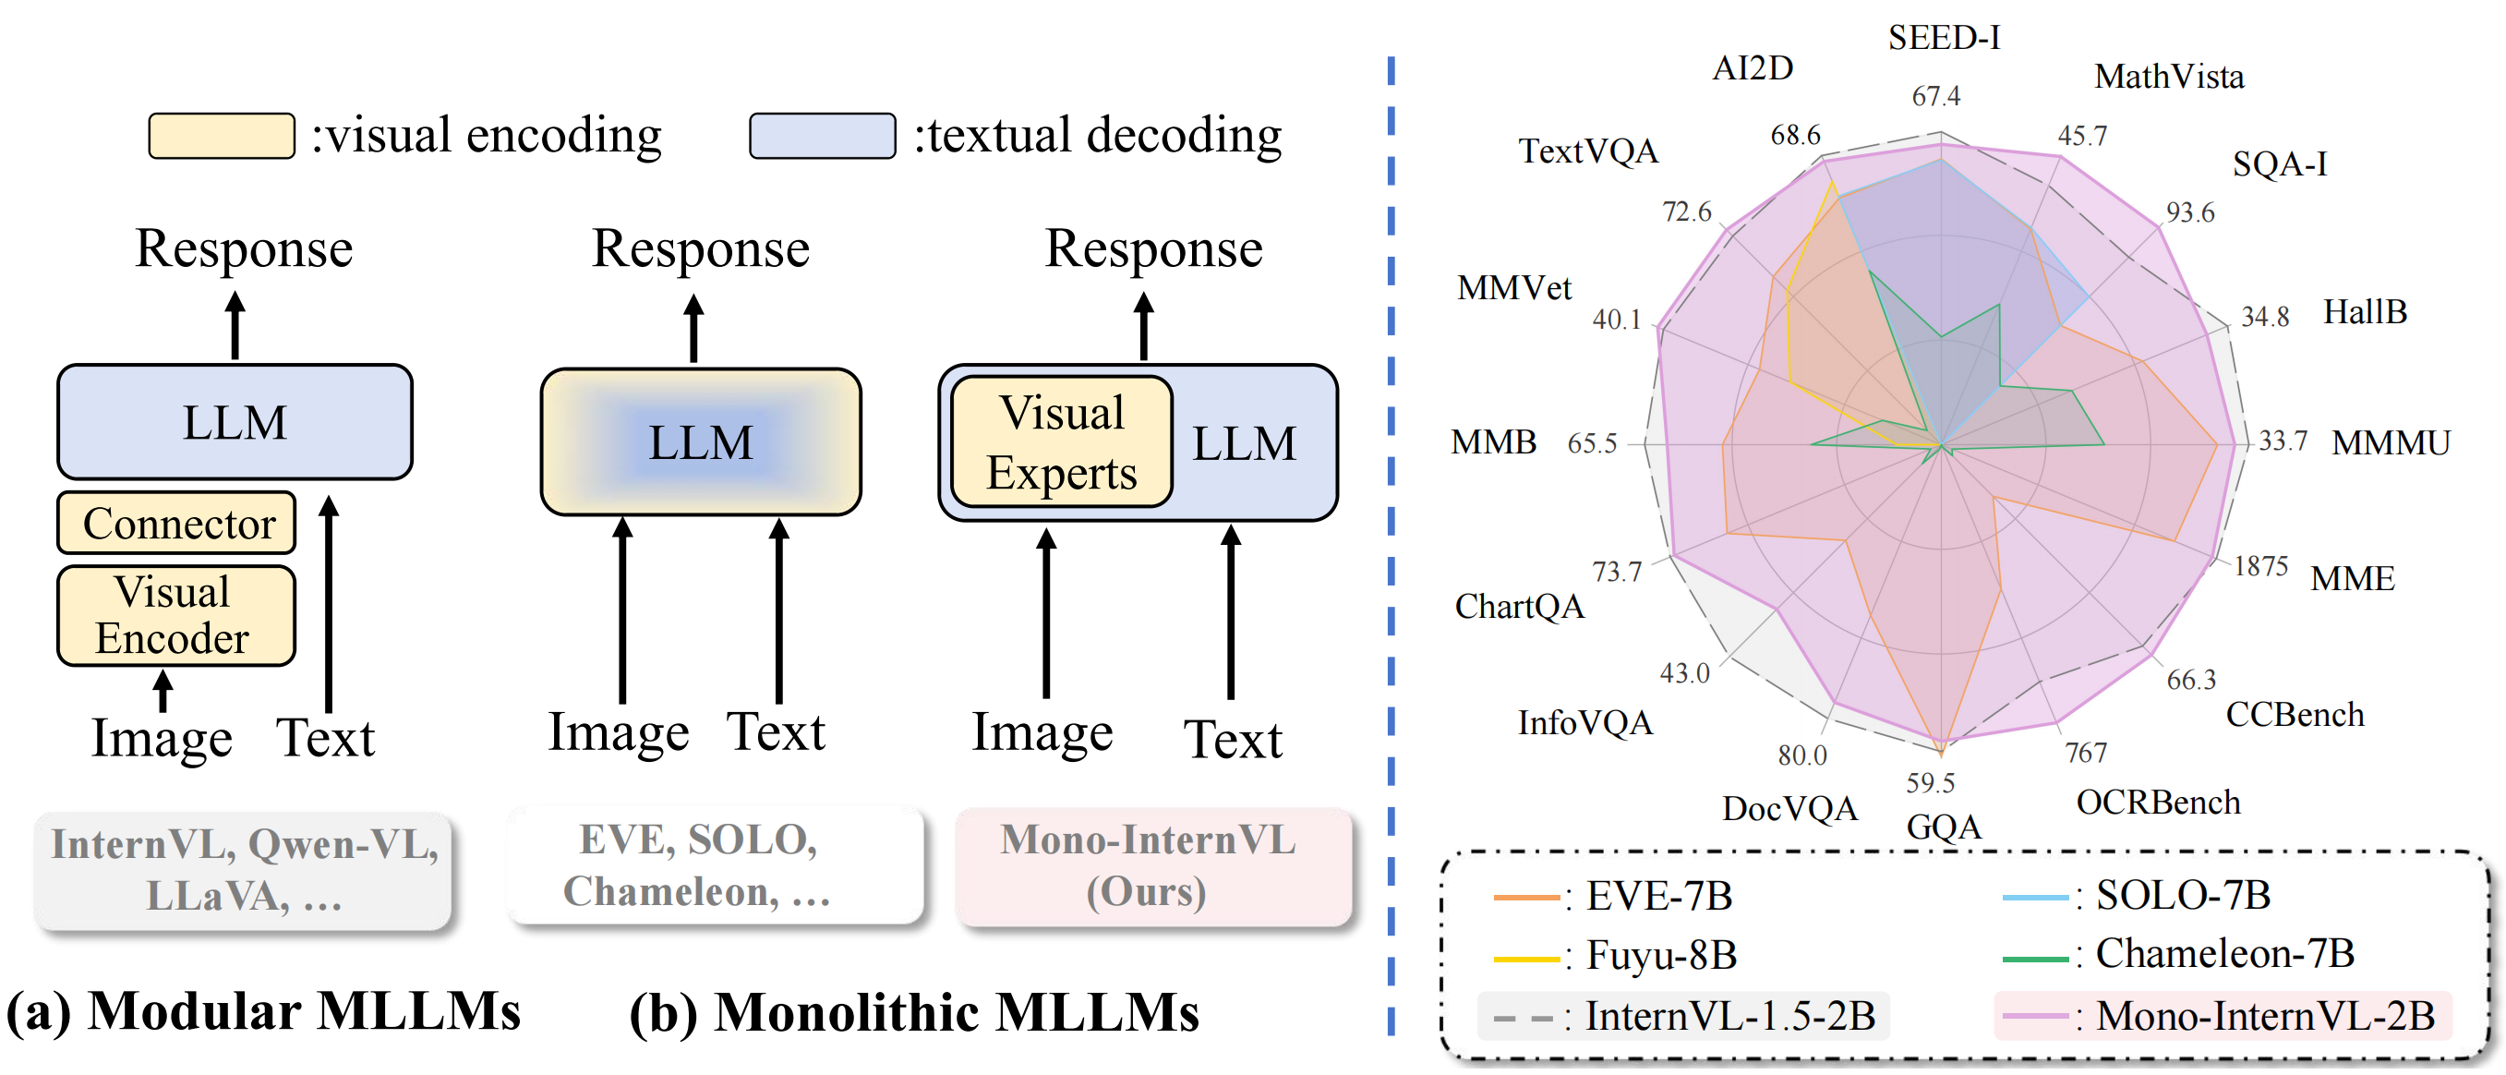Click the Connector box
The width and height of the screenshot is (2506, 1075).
(176, 524)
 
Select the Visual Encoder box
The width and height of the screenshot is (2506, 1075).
(176, 616)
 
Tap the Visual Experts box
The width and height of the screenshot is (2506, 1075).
(1061, 442)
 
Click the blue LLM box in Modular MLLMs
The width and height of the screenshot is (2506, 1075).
(235, 422)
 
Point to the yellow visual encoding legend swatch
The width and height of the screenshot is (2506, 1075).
(221, 135)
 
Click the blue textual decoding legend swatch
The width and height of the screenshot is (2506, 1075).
(822, 135)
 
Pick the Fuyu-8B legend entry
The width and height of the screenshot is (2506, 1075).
(1615, 955)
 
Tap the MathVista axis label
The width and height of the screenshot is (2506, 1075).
(2168, 77)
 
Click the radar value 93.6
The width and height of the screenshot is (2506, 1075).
(2189, 212)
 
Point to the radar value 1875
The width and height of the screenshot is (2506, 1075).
(2259, 565)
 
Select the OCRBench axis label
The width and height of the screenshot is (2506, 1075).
(2158, 803)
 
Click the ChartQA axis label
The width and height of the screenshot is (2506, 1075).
(1519, 607)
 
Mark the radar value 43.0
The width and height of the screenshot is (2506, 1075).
(1684, 673)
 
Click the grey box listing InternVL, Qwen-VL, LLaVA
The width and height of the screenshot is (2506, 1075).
(243, 870)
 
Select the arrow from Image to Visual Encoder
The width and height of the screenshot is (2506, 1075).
(163, 690)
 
